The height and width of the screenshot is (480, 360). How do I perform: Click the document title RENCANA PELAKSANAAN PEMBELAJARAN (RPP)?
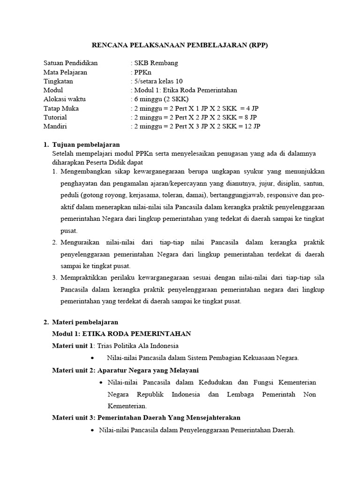tap(180, 45)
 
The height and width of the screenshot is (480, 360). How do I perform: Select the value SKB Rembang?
tap(156, 63)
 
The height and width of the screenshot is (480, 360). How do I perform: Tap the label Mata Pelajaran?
tap(65, 72)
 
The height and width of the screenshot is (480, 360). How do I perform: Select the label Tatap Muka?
tap(61, 108)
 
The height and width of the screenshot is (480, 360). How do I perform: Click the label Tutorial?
tap(55, 117)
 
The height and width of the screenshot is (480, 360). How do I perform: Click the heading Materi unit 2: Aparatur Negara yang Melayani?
tap(125, 370)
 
